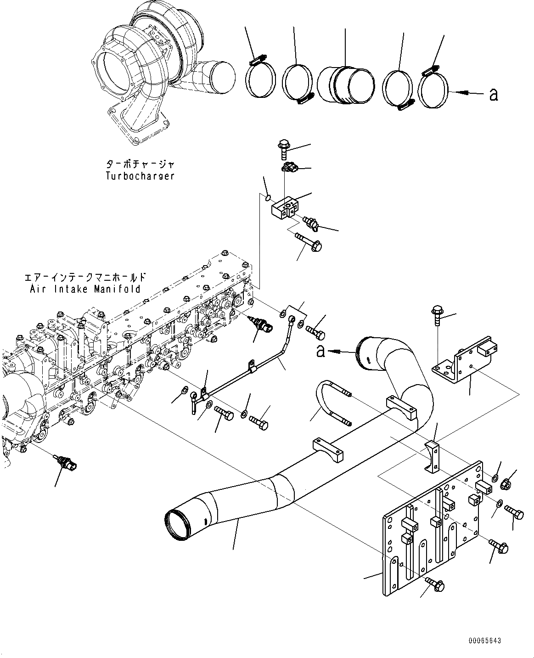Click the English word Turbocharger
(x=140, y=176)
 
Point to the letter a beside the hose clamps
(x=494, y=95)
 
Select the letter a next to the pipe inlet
(x=321, y=352)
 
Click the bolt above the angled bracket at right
(x=437, y=317)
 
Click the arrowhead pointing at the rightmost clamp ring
(x=465, y=93)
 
